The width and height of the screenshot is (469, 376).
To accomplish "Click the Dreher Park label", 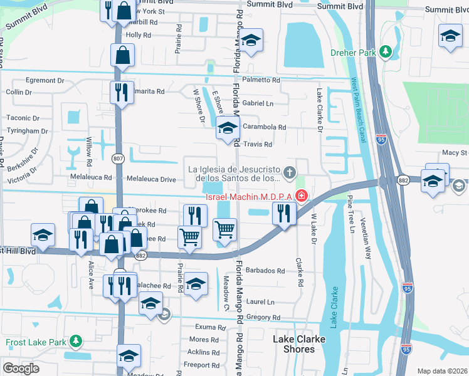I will [354, 53].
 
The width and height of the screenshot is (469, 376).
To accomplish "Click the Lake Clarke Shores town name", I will [299, 344].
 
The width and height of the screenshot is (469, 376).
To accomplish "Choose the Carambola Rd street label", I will [264, 127].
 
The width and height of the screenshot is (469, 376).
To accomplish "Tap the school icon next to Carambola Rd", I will [226, 129].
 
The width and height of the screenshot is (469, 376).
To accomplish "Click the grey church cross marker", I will [289, 172].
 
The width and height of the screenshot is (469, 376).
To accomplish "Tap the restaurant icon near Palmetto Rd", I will [122, 91].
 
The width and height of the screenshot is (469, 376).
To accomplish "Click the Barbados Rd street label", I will [266, 271].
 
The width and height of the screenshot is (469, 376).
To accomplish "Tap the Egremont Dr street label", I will [45, 80].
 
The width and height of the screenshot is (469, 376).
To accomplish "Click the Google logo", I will [21, 368].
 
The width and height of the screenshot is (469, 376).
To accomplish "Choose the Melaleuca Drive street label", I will [151, 179].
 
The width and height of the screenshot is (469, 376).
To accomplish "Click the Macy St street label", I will [455, 152].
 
